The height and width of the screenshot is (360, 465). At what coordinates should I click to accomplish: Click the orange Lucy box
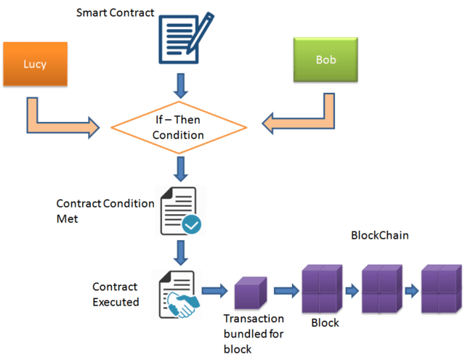(x=36, y=64)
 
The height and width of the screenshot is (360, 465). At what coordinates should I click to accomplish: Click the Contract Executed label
(x=116, y=294)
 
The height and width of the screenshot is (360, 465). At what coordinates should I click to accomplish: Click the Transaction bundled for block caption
(x=253, y=334)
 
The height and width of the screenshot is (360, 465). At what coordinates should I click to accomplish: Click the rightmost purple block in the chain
(x=442, y=288)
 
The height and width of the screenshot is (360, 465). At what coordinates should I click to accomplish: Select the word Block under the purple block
(x=325, y=322)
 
